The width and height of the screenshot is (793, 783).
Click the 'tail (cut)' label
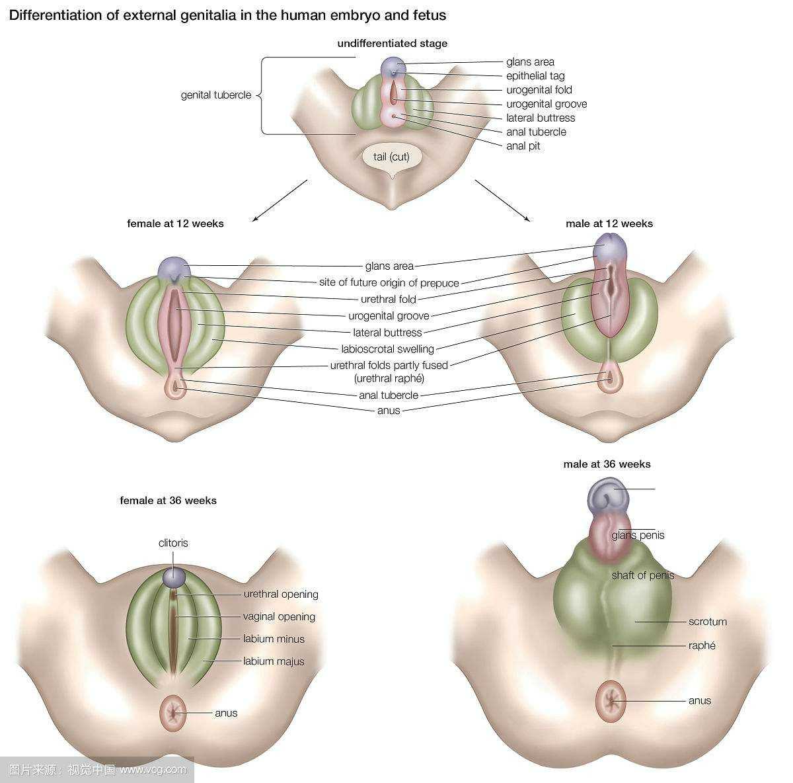391,157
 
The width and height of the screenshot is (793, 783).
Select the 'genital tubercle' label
216,95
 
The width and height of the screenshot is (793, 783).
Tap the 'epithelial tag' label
535,76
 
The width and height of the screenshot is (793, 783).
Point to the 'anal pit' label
523,146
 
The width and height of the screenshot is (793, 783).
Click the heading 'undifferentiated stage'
392,44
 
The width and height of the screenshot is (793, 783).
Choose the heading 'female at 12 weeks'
175,224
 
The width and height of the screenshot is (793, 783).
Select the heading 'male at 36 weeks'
607,464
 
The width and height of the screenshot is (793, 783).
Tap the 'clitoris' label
173,543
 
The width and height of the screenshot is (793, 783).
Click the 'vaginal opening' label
279,617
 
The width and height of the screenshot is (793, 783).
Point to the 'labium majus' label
274,661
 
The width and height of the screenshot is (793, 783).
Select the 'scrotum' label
707,622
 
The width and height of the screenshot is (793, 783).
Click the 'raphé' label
702,645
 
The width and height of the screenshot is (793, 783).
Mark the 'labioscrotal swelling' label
387,349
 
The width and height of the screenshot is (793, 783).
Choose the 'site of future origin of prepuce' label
389,283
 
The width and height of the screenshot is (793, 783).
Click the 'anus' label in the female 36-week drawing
226,713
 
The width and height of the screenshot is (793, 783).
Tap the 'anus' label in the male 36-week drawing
699,701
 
